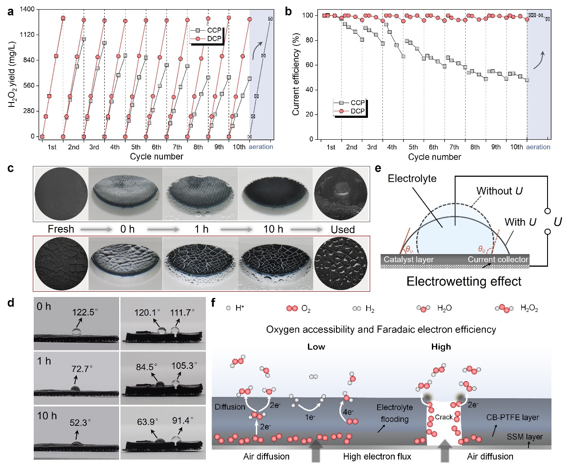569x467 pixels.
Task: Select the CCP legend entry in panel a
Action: click(214, 30)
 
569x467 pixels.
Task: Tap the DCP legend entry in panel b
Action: click(357, 111)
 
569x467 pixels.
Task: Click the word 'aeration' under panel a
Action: click(261, 147)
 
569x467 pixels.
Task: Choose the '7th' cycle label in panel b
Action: click(454, 147)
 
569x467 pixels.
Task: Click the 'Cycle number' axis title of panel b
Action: click(434, 157)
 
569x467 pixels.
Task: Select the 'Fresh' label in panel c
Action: click(61, 229)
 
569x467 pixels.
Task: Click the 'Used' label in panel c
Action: click(343, 230)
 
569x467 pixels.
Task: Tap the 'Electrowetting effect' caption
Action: click(464, 281)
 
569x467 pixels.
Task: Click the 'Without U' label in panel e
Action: click(499, 191)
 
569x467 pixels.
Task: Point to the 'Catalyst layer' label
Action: click(408, 259)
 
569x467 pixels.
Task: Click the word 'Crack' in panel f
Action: click(443, 417)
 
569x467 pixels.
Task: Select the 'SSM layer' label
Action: click(524, 437)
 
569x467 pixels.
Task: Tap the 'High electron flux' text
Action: click(377, 456)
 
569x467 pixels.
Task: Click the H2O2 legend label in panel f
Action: click(529, 308)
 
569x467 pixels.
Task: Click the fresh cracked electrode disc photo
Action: click(61, 264)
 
